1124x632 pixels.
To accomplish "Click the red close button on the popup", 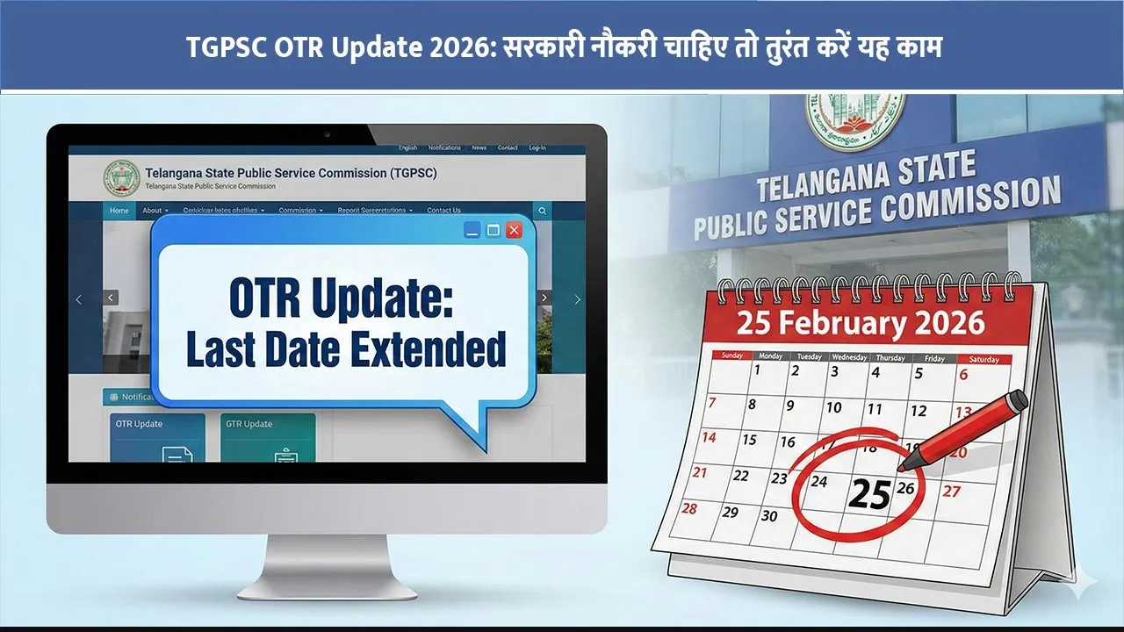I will [x=515, y=230].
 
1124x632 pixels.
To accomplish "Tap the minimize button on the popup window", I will [x=472, y=230].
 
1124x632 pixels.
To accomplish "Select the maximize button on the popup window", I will [x=494, y=230].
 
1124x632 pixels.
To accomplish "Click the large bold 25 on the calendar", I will [x=869, y=495].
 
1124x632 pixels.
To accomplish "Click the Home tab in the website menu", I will [x=119, y=211].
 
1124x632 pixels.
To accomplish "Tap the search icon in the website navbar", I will [x=543, y=211].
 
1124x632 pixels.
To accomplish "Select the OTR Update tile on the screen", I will [x=157, y=438].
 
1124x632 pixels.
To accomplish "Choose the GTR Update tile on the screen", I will [x=268, y=438].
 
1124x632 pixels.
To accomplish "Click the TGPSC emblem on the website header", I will [x=121, y=177].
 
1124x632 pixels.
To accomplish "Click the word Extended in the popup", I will [x=429, y=348].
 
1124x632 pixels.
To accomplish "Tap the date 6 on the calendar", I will [x=963, y=375].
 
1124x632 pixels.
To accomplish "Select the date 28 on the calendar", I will [x=689, y=508].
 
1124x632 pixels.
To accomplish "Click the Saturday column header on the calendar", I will [x=983, y=359].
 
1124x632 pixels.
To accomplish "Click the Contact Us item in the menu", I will [x=443, y=211].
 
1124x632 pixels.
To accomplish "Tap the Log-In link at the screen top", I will [x=537, y=147].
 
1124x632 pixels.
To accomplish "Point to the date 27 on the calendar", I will [x=952, y=492].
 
